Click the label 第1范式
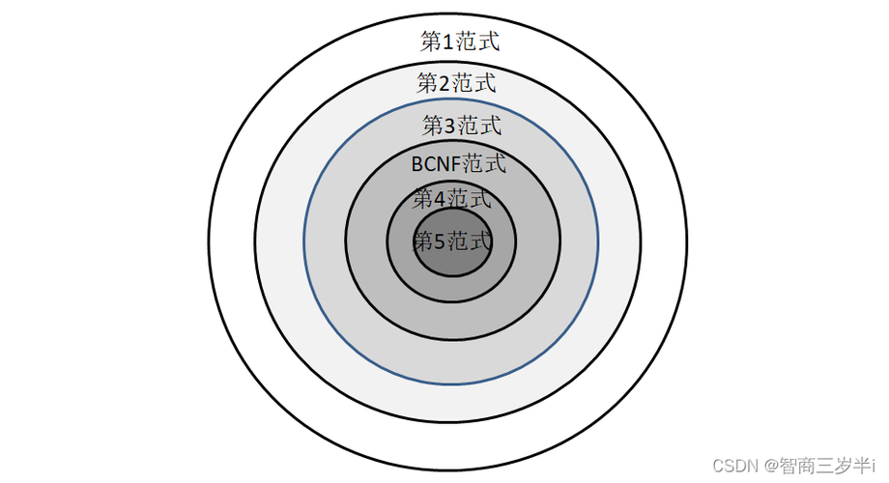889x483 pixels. (460, 42)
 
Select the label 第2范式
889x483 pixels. (456, 83)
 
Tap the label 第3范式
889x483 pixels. (462, 125)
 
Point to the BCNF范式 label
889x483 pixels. (458, 163)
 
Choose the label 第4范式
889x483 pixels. (452, 199)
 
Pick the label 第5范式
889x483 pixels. (452, 241)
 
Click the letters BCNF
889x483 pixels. (436, 164)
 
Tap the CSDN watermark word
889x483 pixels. (735, 466)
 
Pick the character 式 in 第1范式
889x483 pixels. (488, 42)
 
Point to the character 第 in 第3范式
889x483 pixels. (433, 125)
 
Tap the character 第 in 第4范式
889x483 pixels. (423, 199)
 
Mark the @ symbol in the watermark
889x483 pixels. (770, 467)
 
